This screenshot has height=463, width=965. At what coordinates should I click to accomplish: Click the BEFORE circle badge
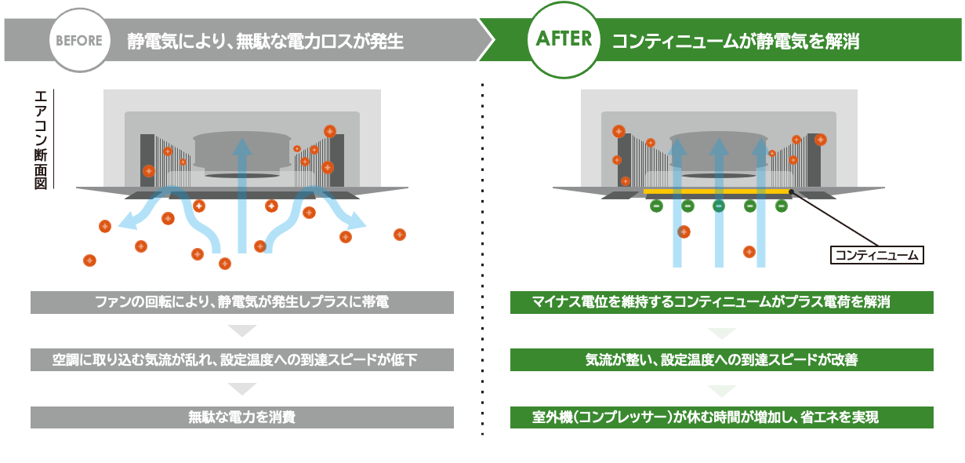[x=79, y=40]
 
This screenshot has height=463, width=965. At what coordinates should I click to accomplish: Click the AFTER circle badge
[x=564, y=40]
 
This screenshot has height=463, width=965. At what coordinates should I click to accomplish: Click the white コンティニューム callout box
[x=877, y=255]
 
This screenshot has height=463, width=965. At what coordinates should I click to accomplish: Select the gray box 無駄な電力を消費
[x=242, y=417]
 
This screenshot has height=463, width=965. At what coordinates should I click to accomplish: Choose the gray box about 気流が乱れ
[x=242, y=360]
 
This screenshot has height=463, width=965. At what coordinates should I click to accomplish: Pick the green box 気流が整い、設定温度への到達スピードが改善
[x=722, y=360]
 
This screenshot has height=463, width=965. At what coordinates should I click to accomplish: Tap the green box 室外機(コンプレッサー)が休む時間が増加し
[x=722, y=417]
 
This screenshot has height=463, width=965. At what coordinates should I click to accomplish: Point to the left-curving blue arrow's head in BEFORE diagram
[x=125, y=224]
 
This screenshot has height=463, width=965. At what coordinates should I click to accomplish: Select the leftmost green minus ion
[x=656, y=206]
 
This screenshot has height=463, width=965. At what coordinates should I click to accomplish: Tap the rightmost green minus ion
[x=781, y=206]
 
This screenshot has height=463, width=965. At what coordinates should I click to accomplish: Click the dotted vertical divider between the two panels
[x=482, y=259]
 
